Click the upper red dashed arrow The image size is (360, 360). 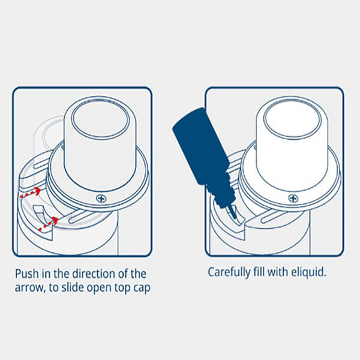click(31, 193)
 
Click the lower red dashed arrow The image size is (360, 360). click(49, 223)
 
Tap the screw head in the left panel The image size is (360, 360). click(101, 198)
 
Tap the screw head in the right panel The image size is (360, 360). click(293, 198)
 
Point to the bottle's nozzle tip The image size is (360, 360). click(235, 217)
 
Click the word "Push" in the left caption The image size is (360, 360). click(27, 274)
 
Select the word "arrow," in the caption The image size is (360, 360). click(30, 288)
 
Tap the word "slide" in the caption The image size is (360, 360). click(73, 287)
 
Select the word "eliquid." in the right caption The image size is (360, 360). click(308, 272)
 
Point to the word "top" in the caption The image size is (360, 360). click(123, 288)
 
